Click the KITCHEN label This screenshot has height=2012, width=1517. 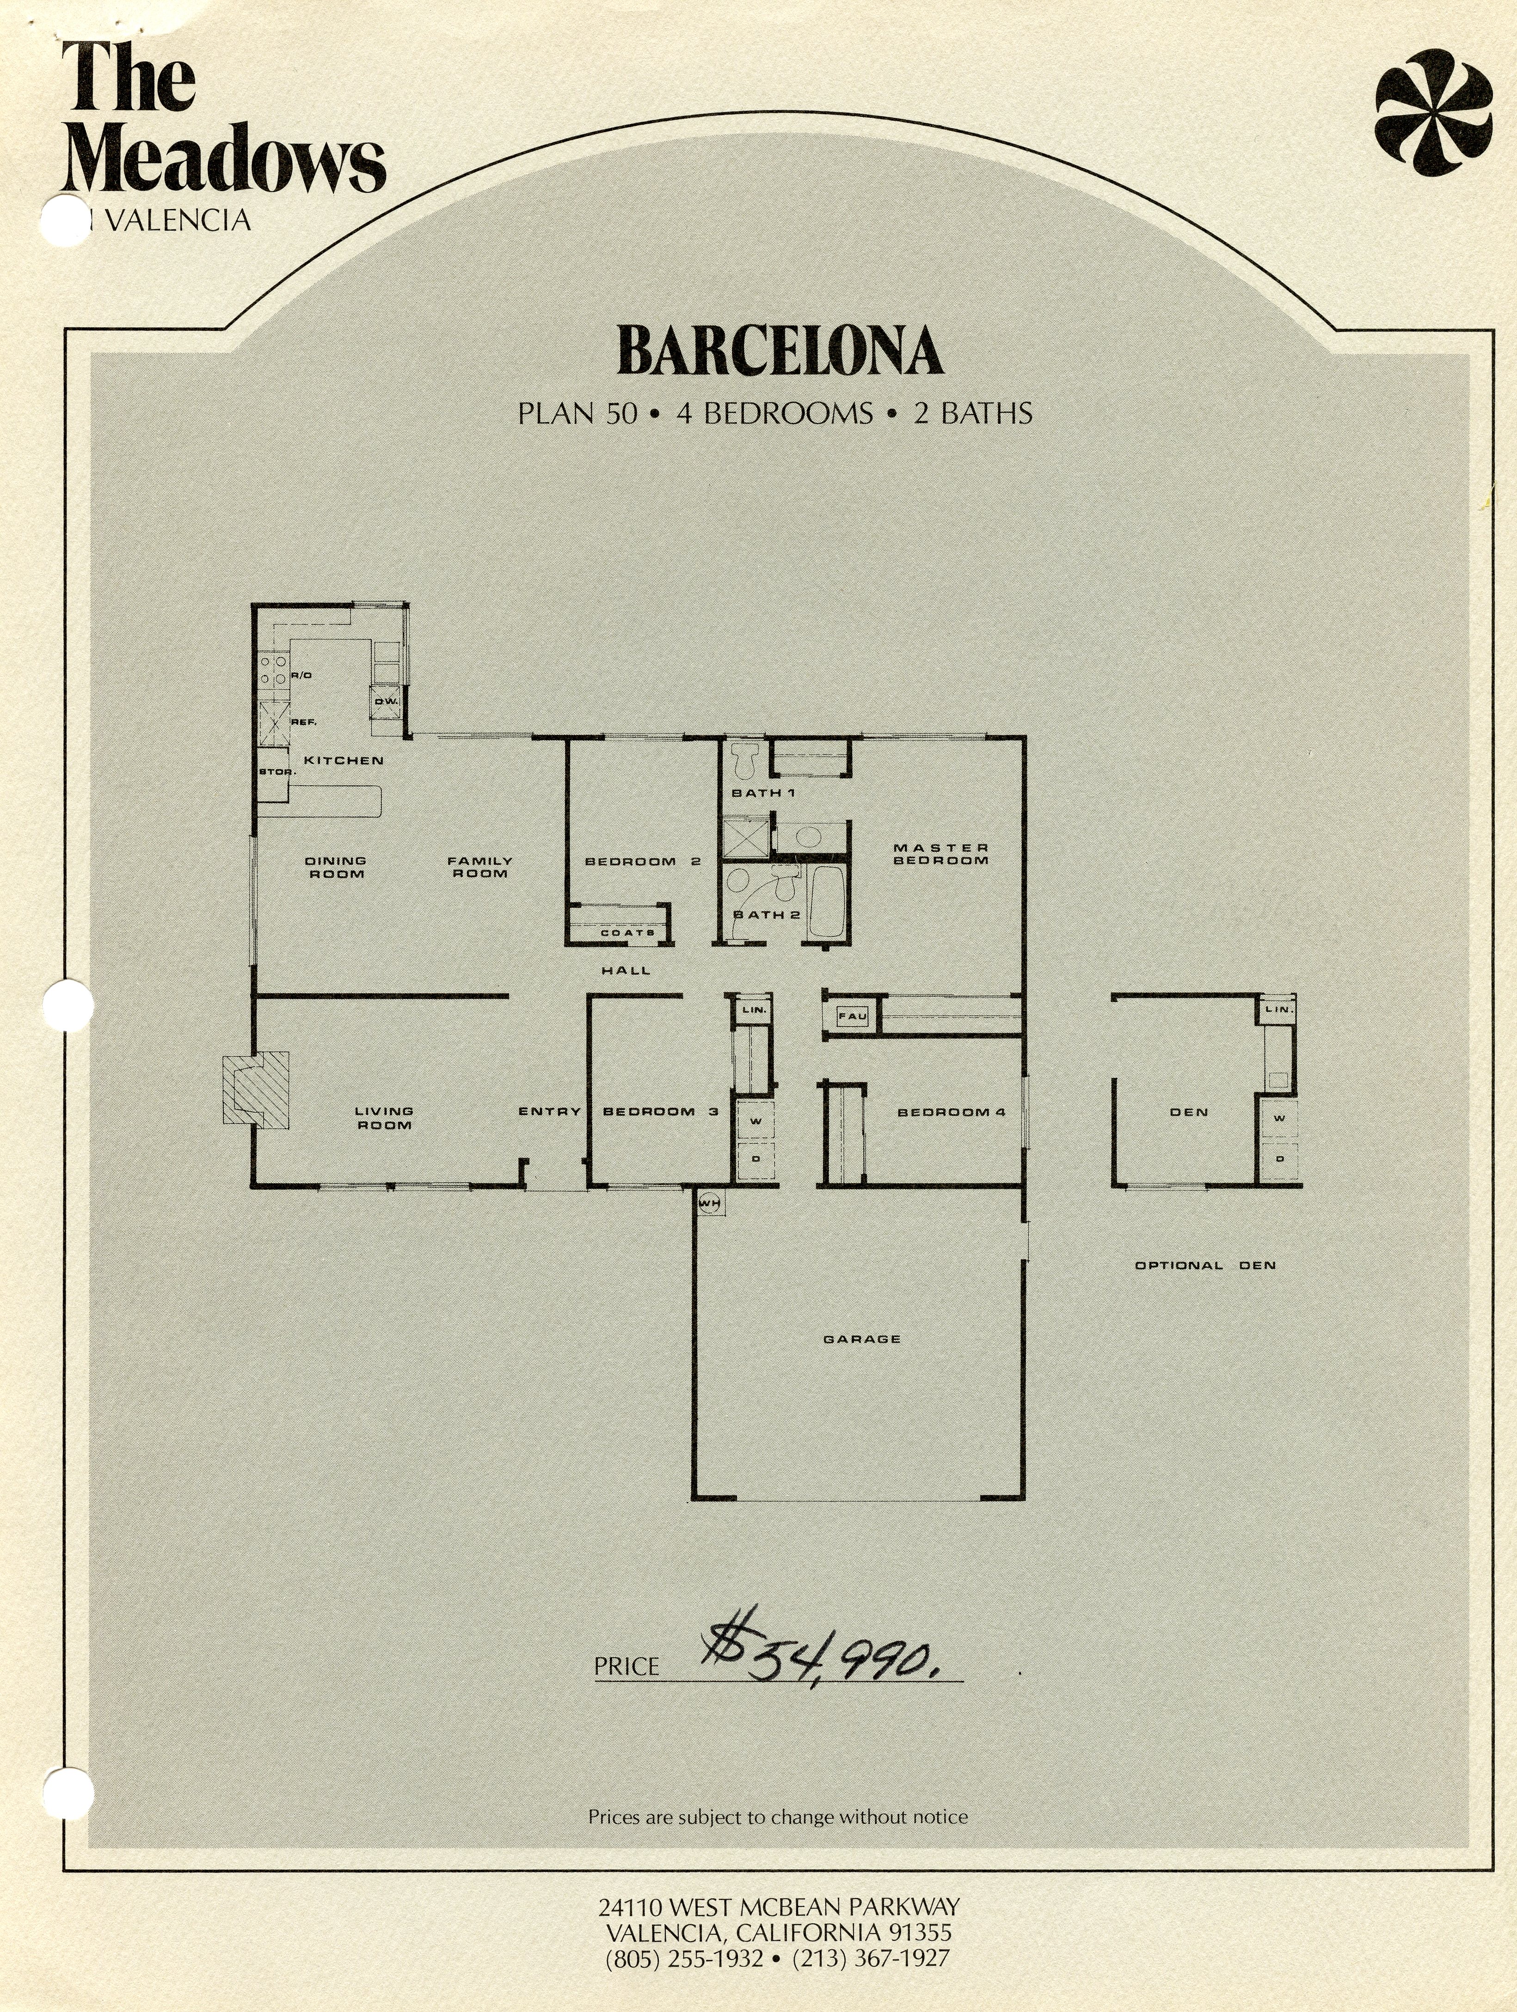pyautogui.click(x=343, y=760)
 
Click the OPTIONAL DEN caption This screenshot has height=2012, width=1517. pyautogui.click(x=1205, y=1265)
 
